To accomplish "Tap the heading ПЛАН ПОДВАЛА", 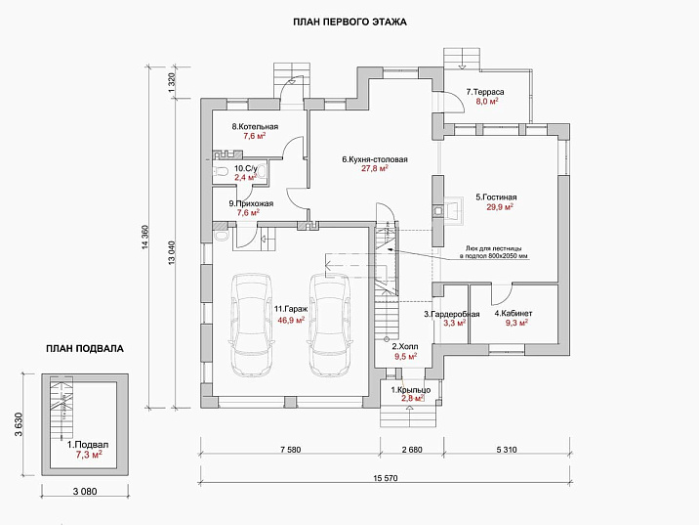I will [x=86, y=347].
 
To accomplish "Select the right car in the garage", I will [x=328, y=324].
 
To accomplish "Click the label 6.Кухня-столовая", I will [x=375, y=158].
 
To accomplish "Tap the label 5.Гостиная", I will [x=496, y=197].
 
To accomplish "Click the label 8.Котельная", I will [x=255, y=127].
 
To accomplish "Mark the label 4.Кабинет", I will [x=511, y=313].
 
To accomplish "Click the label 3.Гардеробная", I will [x=451, y=313].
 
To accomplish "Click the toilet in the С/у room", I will [x=222, y=172].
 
